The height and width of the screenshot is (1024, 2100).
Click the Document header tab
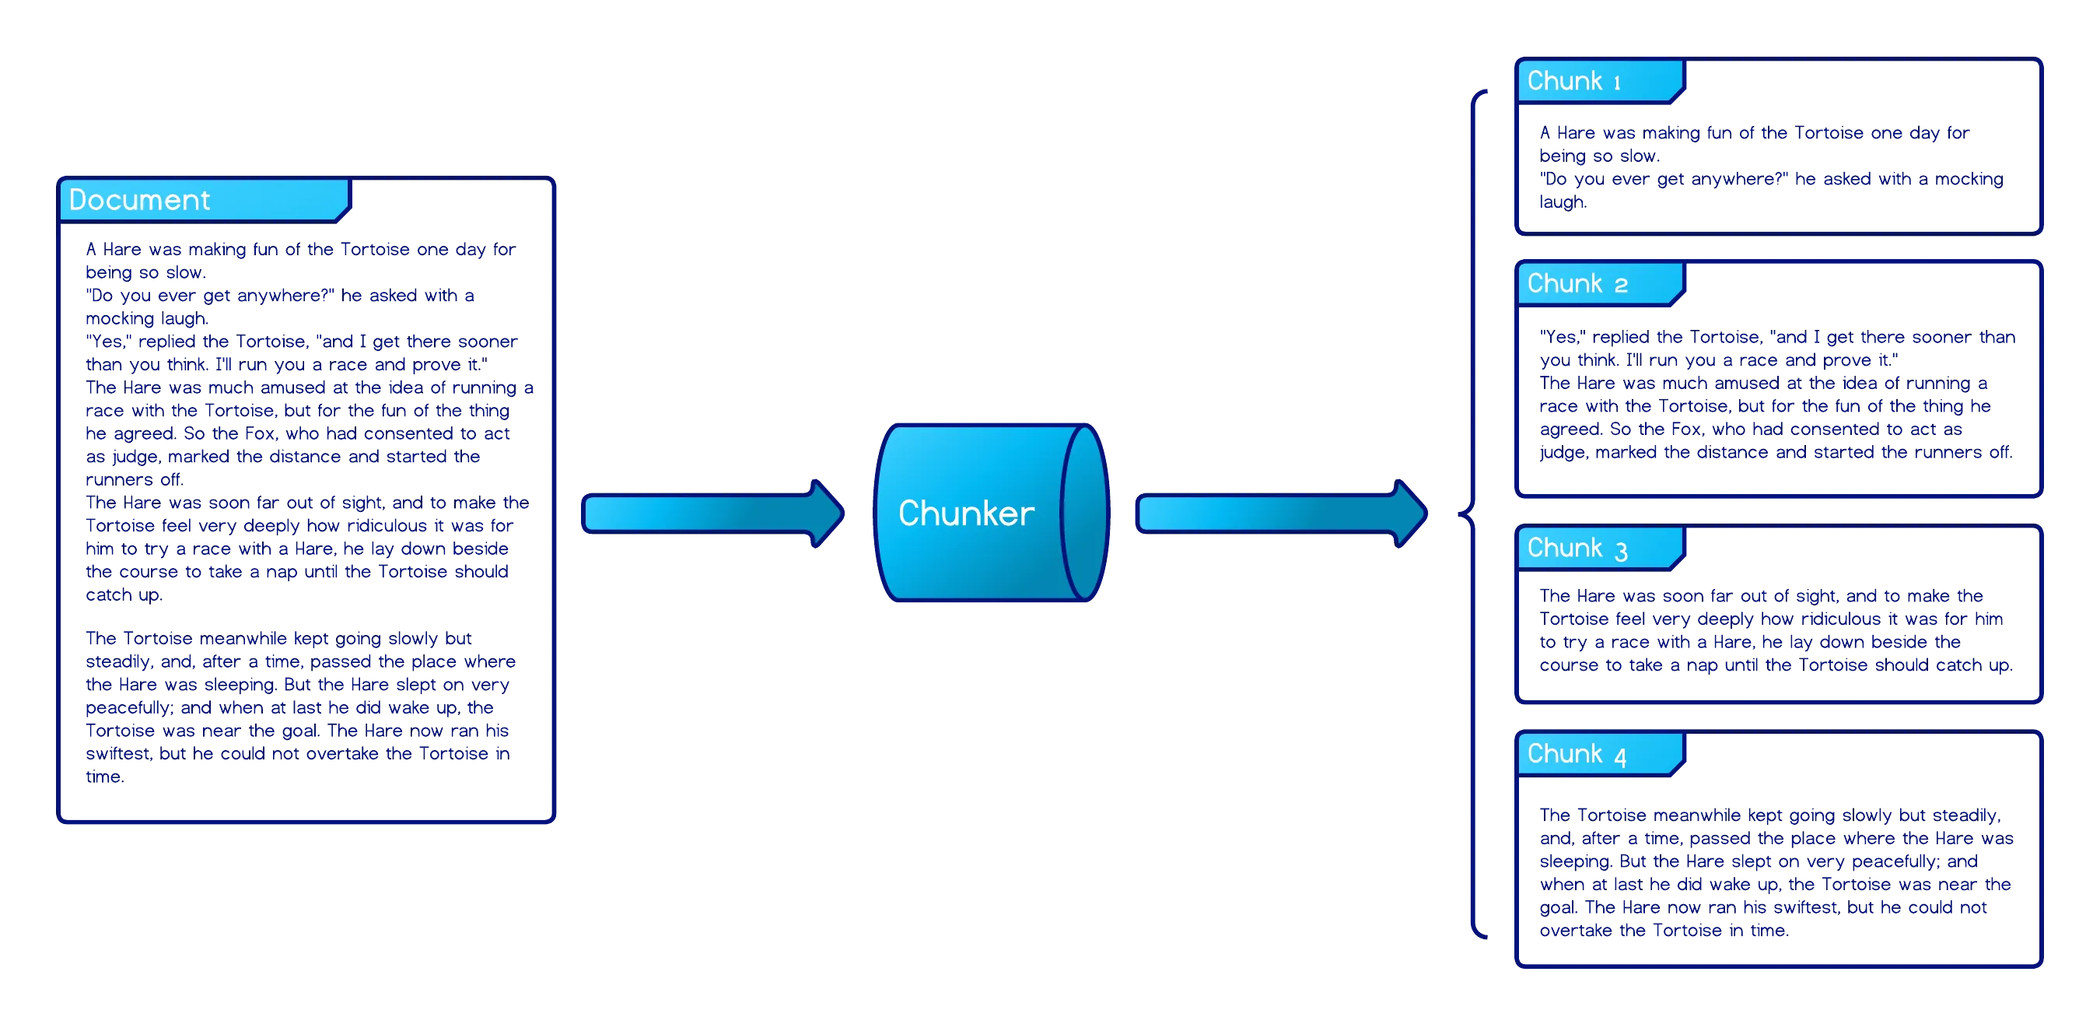[x=204, y=200]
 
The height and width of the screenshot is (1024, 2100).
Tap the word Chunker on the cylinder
[x=966, y=514]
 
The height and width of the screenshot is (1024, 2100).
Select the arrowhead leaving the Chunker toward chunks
[x=1410, y=513]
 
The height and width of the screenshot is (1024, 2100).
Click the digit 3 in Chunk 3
[x=1622, y=551]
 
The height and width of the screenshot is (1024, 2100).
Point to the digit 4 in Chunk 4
[x=1621, y=757]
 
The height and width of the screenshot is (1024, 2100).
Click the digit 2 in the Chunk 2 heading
[x=1621, y=286]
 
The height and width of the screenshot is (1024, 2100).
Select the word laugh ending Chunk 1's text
[x=1561, y=202]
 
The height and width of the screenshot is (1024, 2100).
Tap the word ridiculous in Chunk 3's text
[x=1839, y=619]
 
